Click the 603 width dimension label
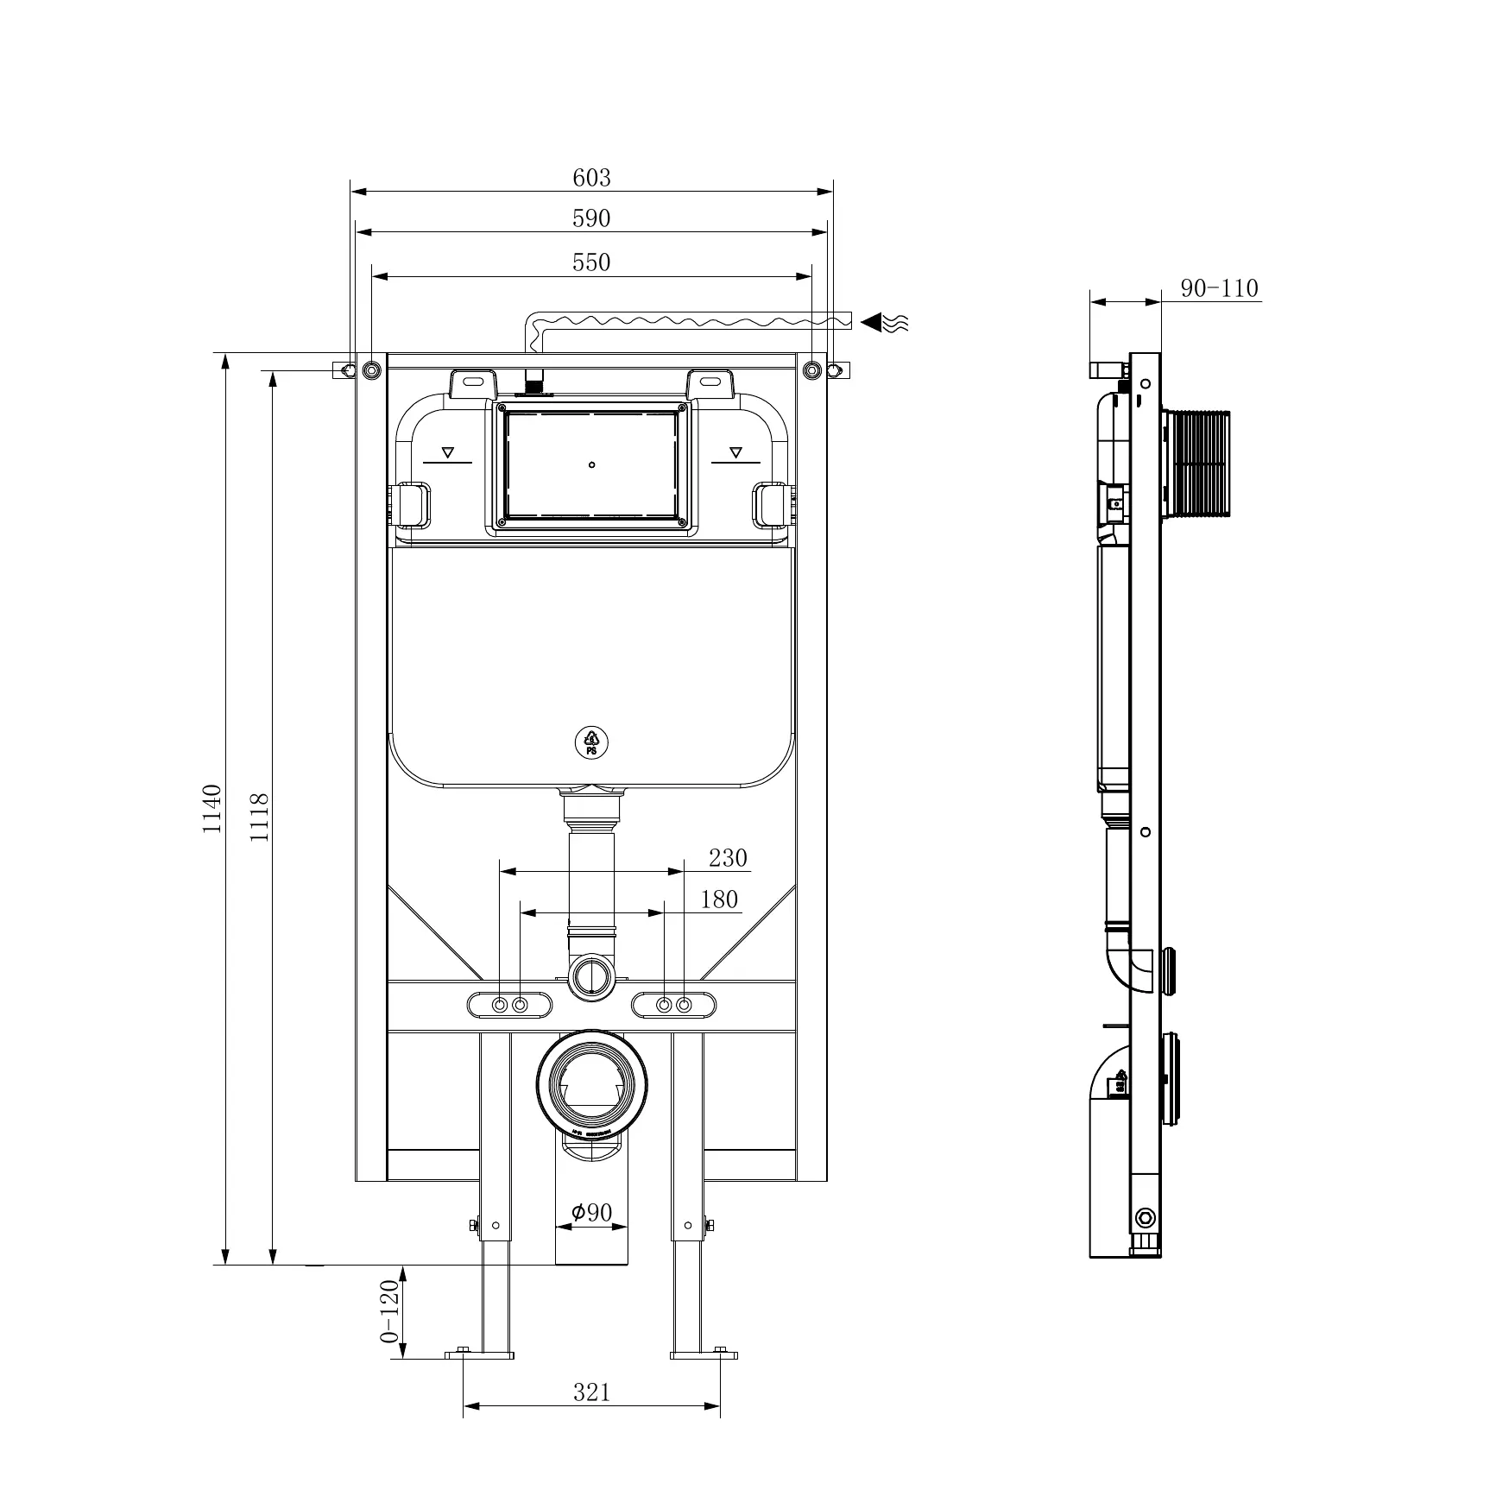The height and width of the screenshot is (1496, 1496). [591, 178]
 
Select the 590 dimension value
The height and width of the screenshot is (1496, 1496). [591, 219]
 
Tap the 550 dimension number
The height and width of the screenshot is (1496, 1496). [591, 262]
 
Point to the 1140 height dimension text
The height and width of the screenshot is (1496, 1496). [212, 809]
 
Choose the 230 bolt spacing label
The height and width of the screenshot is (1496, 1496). [728, 858]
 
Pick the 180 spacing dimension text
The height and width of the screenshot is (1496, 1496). [719, 899]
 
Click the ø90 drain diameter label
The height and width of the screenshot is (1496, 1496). [591, 1213]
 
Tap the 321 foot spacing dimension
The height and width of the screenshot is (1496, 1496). [591, 1417]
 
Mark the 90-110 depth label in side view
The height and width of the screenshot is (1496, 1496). [1219, 288]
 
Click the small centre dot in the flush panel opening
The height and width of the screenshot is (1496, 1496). [591, 465]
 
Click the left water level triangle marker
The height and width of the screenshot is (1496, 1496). [448, 451]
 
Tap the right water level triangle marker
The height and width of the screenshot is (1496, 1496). [735, 451]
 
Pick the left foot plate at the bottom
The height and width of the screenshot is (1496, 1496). [480, 1379]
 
